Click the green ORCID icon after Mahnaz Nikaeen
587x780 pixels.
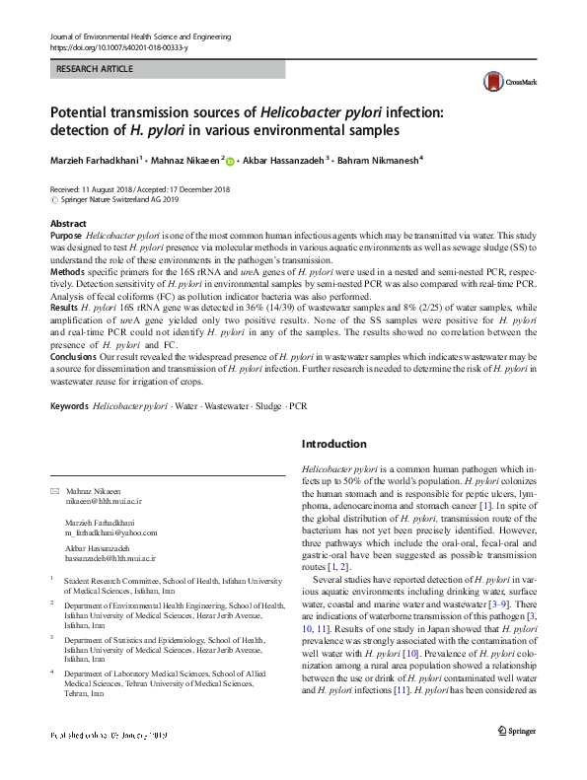coord(231,161)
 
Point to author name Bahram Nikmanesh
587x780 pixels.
coord(378,160)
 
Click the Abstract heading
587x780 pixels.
coord(68,224)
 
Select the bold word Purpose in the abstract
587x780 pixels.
coord(66,238)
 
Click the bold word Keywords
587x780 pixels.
coord(70,405)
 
